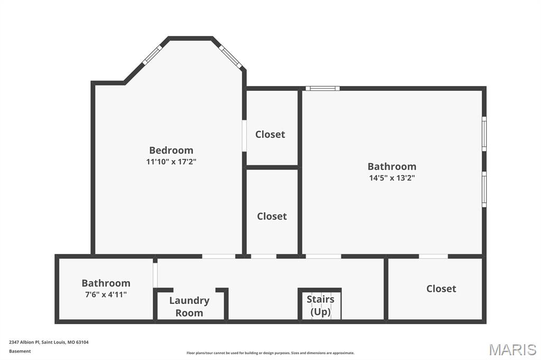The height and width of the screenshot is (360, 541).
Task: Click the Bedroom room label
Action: (x=171, y=150)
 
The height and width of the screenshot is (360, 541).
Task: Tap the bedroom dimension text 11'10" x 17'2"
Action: (x=171, y=162)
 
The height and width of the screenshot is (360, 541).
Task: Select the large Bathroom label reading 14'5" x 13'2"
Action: (x=391, y=166)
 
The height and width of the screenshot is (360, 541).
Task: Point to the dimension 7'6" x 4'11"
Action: (x=106, y=295)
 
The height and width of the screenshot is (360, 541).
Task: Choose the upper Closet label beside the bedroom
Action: (x=270, y=134)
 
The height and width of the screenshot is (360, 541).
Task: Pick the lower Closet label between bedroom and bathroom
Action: (x=272, y=216)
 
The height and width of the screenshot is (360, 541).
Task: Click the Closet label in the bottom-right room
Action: (x=441, y=289)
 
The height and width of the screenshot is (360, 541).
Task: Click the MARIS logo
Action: (x=512, y=349)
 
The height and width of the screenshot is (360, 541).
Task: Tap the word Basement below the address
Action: (x=20, y=351)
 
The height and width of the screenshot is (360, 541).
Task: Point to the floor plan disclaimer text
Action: (x=270, y=353)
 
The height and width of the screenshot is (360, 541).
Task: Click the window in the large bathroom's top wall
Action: (x=322, y=88)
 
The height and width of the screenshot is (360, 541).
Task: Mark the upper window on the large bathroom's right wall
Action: (x=484, y=134)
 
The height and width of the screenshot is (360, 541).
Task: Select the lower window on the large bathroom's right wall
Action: (x=484, y=188)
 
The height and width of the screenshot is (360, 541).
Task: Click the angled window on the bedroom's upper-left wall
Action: (x=152, y=55)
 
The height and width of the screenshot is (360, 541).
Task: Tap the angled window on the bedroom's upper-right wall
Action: (x=230, y=57)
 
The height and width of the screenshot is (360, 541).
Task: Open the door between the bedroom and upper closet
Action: (x=244, y=136)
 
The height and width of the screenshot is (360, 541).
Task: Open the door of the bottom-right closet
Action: (x=433, y=257)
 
